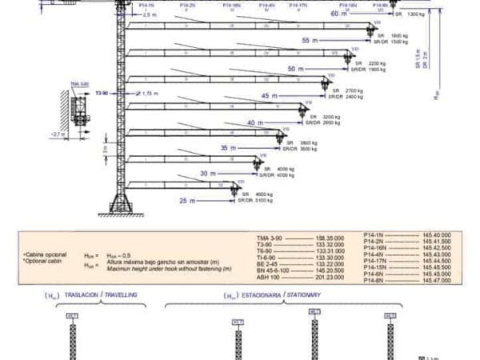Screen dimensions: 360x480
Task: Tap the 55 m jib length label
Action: pyautogui.click(x=310, y=39)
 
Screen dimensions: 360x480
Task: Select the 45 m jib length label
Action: pyautogui.click(x=270, y=97)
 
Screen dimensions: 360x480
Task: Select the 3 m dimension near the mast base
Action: pyautogui.click(x=104, y=149)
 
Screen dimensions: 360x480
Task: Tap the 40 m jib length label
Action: pyautogui.click(x=255, y=123)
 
